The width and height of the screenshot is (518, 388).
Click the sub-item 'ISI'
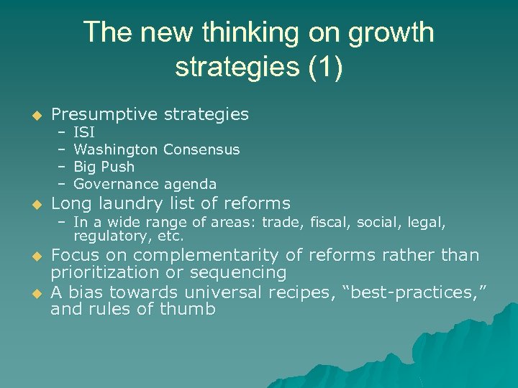pyautogui.click(x=84, y=132)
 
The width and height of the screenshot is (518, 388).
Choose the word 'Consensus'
pyautogui.click(x=201, y=149)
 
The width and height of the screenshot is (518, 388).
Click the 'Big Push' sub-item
pyautogui.click(x=104, y=167)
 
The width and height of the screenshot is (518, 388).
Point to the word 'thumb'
pyautogui.click(x=192, y=310)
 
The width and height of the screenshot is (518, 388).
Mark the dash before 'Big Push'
pyautogui.click(x=62, y=167)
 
